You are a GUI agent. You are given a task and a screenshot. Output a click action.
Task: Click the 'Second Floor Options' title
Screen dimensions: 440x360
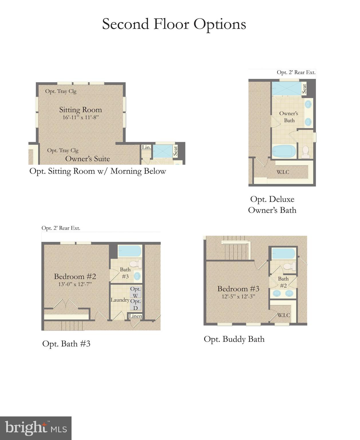point(174,24)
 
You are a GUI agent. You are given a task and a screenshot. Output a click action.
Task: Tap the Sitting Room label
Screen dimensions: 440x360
point(80,110)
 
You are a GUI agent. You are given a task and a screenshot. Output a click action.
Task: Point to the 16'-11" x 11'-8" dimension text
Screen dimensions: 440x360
point(80,117)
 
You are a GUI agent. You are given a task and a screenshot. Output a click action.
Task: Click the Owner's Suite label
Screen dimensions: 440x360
point(88,159)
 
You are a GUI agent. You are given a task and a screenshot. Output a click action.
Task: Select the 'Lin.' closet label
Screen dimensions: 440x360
point(146,147)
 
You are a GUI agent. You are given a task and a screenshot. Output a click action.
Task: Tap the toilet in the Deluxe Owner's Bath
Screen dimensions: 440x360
point(305,152)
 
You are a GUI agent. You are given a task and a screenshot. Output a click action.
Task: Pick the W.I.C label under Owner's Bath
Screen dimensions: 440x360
point(283,172)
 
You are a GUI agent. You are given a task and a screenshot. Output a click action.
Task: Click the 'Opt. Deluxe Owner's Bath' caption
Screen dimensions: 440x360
point(272,205)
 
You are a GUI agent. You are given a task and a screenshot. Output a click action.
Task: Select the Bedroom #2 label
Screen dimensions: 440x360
point(75,276)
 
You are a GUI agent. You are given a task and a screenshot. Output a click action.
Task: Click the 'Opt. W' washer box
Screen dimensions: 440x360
point(135,292)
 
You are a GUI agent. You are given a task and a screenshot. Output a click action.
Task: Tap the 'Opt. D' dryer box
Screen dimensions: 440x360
point(135,305)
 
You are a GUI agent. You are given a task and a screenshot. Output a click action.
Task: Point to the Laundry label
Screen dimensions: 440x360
point(120,300)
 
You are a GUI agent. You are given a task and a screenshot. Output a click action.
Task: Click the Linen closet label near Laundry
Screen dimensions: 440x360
point(135,316)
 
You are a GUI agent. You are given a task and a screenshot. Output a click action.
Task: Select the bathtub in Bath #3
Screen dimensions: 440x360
point(130,251)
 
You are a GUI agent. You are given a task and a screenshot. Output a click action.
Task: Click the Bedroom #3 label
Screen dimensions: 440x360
point(238,289)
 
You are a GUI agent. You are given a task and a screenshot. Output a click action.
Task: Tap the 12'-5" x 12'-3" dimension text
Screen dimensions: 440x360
point(238,296)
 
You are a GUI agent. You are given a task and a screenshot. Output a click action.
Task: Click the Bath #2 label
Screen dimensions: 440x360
point(283,282)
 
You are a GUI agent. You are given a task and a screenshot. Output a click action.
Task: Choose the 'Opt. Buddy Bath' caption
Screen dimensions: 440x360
point(234,339)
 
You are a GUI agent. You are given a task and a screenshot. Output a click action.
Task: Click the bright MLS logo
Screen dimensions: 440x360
point(36,428)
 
